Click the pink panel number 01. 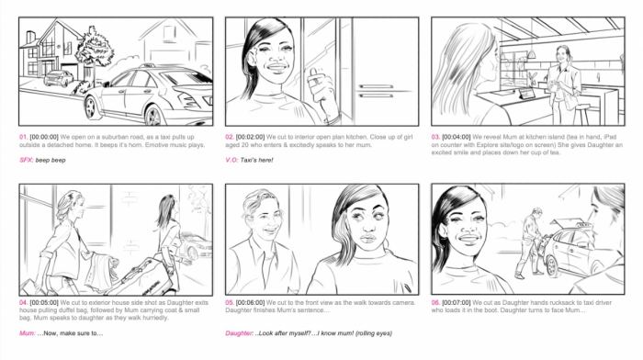click(23, 136)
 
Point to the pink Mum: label click(27, 332)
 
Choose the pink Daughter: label click(241, 332)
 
